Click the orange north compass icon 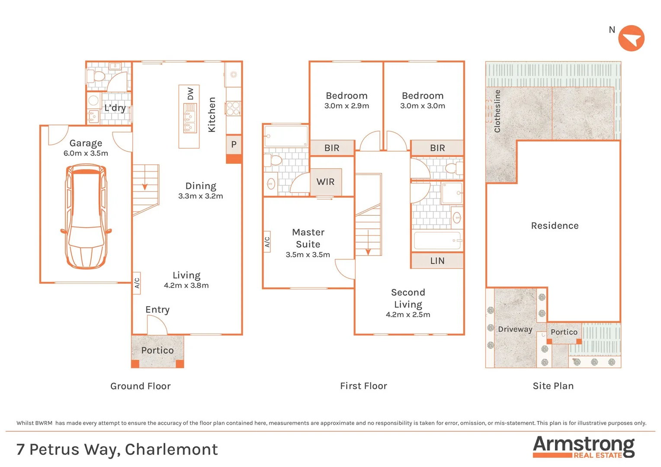pyautogui.click(x=631, y=38)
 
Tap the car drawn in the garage pyautogui.click(x=86, y=216)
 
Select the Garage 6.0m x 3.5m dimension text pyautogui.click(x=86, y=153)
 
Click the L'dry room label pyautogui.click(x=115, y=108)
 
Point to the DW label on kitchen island pyautogui.click(x=190, y=94)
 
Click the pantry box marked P pyautogui.click(x=234, y=144)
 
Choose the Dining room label pyautogui.click(x=201, y=186)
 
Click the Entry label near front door pyautogui.click(x=157, y=310)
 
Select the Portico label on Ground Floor pyautogui.click(x=157, y=350)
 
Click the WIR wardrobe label pyautogui.click(x=326, y=182)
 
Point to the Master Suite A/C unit pyautogui.click(x=267, y=242)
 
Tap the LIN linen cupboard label pyautogui.click(x=437, y=261)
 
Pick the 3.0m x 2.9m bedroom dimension pyautogui.click(x=347, y=106)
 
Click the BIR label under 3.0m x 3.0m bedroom pyautogui.click(x=437, y=148)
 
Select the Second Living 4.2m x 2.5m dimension pyautogui.click(x=408, y=315)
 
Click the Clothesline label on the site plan pyautogui.click(x=497, y=111)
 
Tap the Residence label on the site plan pyautogui.click(x=555, y=226)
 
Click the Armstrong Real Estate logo pyautogui.click(x=584, y=447)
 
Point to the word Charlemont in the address pyautogui.click(x=171, y=450)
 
